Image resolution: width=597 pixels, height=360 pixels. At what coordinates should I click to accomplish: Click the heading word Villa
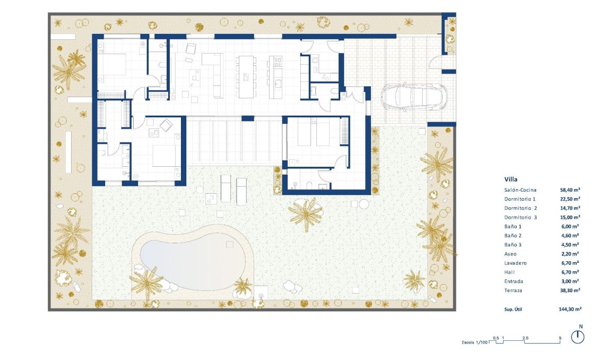point(512,179)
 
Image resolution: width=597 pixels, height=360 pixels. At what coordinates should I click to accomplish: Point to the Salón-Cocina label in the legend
point(521,190)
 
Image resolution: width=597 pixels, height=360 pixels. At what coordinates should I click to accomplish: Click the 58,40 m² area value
point(570,190)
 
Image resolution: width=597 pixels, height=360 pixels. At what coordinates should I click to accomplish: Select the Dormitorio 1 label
point(521,199)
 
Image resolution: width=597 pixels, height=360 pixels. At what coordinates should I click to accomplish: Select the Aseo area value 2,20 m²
point(570,254)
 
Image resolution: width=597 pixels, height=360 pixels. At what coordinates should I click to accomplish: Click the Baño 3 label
point(513,245)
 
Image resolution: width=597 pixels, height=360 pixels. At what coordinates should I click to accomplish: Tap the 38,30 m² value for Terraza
point(570,290)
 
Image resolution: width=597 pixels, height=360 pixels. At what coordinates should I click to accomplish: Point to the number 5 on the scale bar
point(560,337)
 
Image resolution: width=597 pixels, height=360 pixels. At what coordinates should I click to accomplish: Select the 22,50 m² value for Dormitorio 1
point(570,199)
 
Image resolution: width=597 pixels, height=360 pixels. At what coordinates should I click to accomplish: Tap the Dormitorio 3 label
point(521,217)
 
